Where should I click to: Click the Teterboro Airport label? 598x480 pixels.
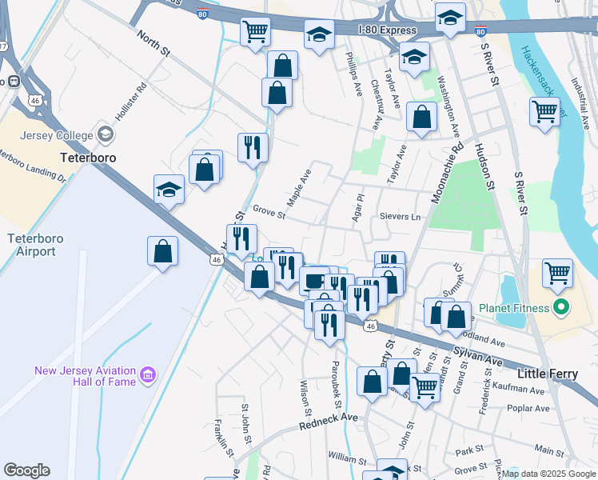point(31,245)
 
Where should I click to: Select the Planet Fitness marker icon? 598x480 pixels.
point(561,307)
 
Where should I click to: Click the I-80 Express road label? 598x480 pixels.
point(387,30)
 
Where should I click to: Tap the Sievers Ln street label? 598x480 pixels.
point(399,217)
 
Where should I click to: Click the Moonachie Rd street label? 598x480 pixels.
point(447,173)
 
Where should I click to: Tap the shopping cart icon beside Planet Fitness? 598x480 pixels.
point(557,272)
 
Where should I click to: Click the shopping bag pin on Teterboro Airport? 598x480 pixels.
point(163,250)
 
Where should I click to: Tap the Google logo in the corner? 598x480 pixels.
point(26,470)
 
